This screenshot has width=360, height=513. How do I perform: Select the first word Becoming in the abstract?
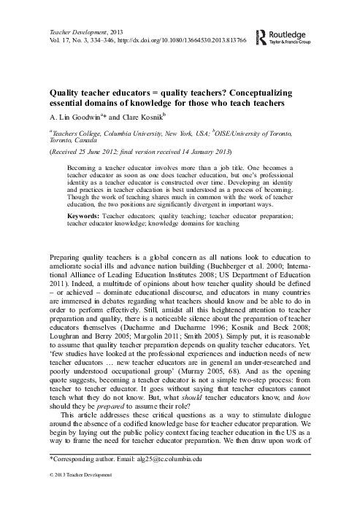click(x=83, y=166)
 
